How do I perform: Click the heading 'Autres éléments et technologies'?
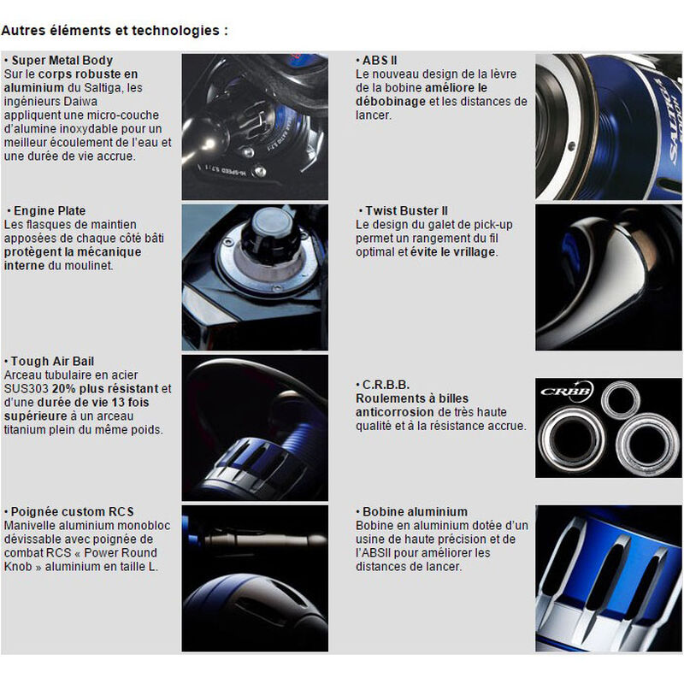click(115, 31)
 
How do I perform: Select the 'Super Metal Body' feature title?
click(62, 61)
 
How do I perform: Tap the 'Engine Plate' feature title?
click(50, 210)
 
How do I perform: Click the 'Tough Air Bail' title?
click(52, 362)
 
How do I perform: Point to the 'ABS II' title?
click(380, 61)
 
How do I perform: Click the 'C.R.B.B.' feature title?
click(386, 385)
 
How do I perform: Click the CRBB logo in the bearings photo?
click(566, 392)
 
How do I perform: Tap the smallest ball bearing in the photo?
click(620, 399)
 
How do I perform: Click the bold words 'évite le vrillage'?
click(454, 252)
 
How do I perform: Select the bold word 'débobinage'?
click(389, 102)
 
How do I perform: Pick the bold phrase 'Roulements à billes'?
click(412, 398)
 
